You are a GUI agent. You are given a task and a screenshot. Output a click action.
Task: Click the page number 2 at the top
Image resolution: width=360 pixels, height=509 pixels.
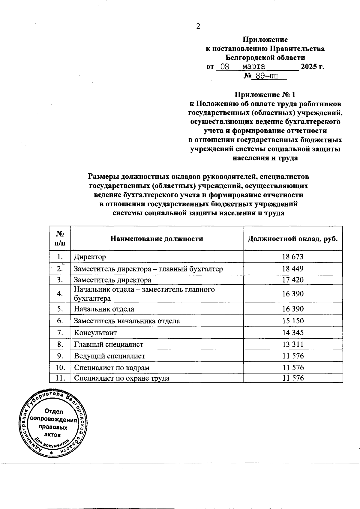point(198,26)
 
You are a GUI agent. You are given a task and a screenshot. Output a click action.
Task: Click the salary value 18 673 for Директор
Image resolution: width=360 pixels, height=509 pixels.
point(293,257)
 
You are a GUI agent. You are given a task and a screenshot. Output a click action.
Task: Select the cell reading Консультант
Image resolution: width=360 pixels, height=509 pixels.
point(95,333)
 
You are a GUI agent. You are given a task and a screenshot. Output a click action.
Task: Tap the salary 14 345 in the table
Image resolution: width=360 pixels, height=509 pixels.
point(293,333)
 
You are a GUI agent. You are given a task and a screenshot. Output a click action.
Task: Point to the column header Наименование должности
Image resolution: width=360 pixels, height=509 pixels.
point(157,239)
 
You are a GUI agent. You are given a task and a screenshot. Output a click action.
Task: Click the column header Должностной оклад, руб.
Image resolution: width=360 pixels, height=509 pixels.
point(293,239)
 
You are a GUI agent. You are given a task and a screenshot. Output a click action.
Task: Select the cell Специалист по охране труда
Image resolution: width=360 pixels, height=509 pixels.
point(122,378)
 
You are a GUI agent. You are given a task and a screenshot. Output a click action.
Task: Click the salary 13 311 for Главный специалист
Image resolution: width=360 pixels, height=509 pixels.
point(293,344)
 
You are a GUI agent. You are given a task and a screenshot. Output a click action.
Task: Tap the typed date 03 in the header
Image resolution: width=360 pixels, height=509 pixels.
point(223,67)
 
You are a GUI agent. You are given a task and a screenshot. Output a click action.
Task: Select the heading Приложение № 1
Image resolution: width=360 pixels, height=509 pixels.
point(265,95)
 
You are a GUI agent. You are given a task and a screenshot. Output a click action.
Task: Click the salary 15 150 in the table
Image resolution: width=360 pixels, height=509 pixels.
point(293,321)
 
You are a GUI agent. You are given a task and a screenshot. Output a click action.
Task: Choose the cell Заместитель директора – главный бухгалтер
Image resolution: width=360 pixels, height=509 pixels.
point(148,269)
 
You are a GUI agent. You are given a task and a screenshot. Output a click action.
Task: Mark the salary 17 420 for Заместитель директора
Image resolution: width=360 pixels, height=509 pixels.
point(293,280)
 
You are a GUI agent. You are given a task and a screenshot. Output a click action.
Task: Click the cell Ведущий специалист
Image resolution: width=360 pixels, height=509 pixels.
point(109,356)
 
